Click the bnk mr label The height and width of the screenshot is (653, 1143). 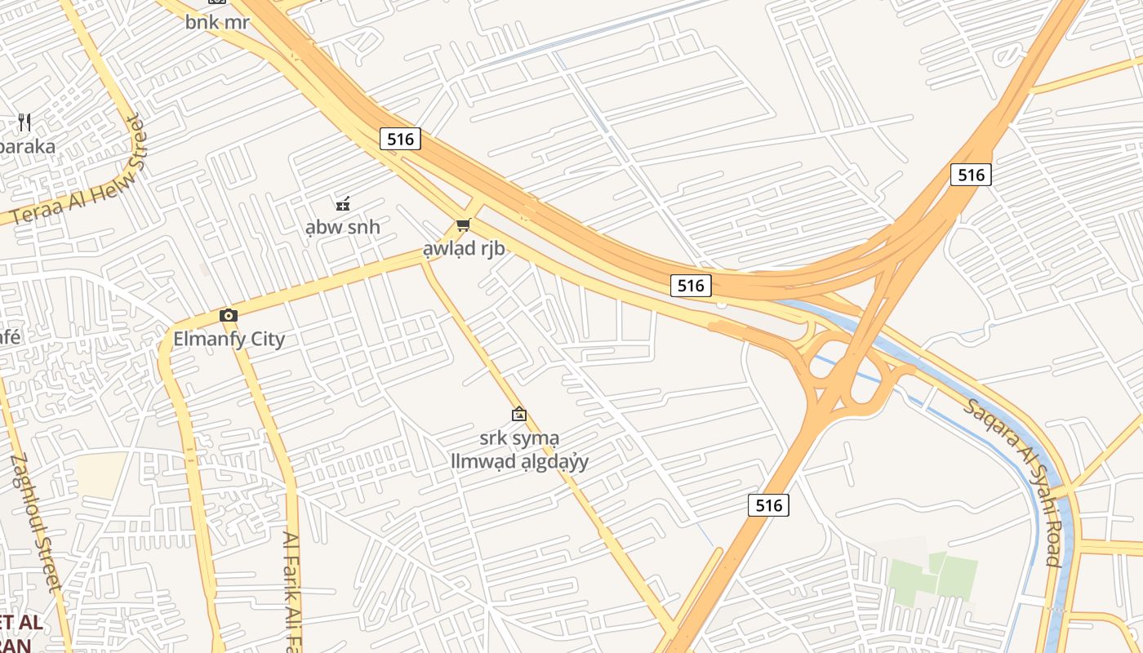click(216, 22)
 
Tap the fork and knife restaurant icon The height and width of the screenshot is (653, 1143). click(24, 122)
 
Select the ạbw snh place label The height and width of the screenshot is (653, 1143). click(343, 227)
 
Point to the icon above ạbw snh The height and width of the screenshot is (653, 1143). click(343, 203)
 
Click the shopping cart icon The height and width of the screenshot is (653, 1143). click(463, 224)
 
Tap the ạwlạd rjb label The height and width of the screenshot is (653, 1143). click(464, 249)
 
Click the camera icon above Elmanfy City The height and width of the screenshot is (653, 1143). click(229, 315)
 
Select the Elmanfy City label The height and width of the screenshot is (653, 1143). click(229, 338)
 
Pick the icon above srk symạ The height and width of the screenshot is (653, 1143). click(518, 415)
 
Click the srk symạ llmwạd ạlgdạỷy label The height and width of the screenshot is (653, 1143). click(520, 450)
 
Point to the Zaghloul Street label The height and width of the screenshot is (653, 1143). click(36, 522)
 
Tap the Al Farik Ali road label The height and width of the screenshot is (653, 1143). click(292, 592)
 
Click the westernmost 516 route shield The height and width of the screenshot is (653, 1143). click(400, 139)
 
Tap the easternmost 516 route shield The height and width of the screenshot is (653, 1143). click(971, 174)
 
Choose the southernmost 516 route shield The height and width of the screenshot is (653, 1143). click(768, 505)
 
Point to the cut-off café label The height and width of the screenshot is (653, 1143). click(10, 336)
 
